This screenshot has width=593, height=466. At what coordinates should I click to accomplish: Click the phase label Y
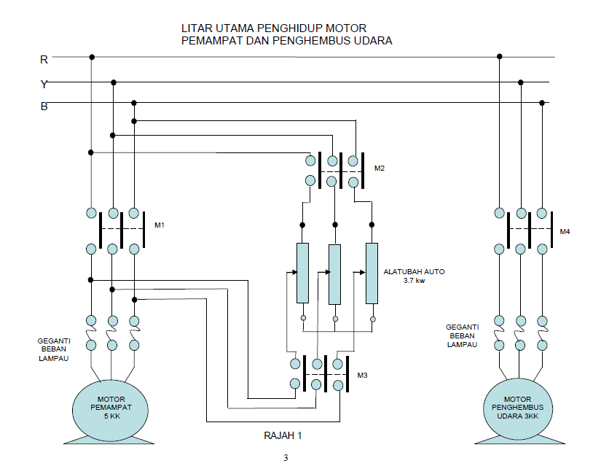(44, 84)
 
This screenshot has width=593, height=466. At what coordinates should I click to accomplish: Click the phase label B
(44, 106)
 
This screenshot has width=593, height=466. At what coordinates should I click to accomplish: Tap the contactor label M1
(160, 225)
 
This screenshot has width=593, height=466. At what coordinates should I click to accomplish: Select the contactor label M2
(379, 168)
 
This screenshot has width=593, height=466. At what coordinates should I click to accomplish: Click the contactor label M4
(565, 232)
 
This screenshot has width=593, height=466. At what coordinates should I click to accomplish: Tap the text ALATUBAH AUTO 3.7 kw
(414, 276)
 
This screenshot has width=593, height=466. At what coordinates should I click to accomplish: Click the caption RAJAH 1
(282, 435)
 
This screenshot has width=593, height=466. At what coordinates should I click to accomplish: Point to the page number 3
(286, 458)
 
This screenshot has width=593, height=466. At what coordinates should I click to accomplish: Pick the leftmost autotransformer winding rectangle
(302, 273)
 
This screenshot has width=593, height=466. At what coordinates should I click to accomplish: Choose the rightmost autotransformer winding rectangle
(372, 273)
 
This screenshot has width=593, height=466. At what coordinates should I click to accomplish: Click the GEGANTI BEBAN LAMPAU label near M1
(54, 349)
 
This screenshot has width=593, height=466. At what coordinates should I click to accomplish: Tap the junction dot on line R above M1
(91, 57)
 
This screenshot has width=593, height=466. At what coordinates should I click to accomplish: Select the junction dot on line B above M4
(542, 104)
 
